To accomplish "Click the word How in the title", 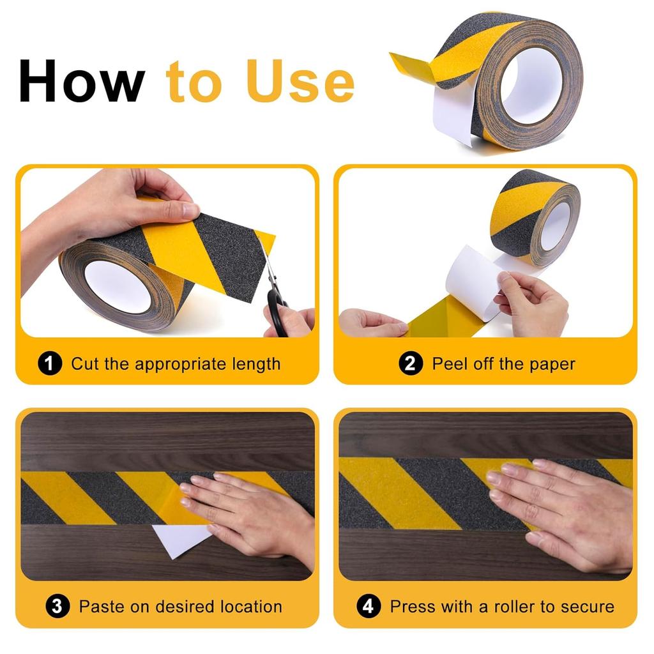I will (x=82, y=81).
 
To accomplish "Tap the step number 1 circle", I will (x=50, y=364).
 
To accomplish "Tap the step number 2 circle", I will (x=411, y=364).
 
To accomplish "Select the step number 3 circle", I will (x=57, y=606).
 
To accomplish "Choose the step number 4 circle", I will (x=369, y=606).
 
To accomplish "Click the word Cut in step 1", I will (x=85, y=364).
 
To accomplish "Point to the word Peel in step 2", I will (x=448, y=364).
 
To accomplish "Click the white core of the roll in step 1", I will (x=117, y=285).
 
